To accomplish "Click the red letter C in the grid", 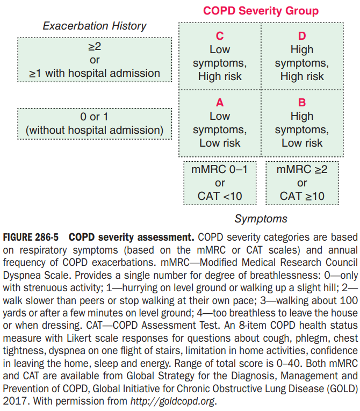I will pyautogui.click(x=219, y=36).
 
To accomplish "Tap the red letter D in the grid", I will pyautogui.click(x=302, y=36).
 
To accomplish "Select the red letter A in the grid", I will pyautogui.click(x=219, y=103).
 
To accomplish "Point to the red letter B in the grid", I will pyautogui.click(x=302, y=103).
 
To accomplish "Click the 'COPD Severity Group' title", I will pyautogui.click(x=261, y=11).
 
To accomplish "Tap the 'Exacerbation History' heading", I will pyautogui.click(x=95, y=26).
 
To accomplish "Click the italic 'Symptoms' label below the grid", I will pyautogui.click(x=261, y=219).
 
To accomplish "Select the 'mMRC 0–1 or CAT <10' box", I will pyautogui.click(x=220, y=183).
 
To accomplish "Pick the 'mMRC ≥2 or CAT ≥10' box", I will pyautogui.click(x=302, y=183).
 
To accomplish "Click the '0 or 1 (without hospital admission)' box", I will pyautogui.click(x=95, y=123).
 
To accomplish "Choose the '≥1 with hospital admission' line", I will pyautogui.click(x=95, y=73).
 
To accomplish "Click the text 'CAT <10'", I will pyautogui.click(x=220, y=196).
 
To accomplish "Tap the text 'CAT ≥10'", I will pyautogui.click(x=302, y=196).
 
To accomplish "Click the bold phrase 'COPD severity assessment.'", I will pyautogui.click(x=132, y=237).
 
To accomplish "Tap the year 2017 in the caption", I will pyautogui.click(x=16, y=400).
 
